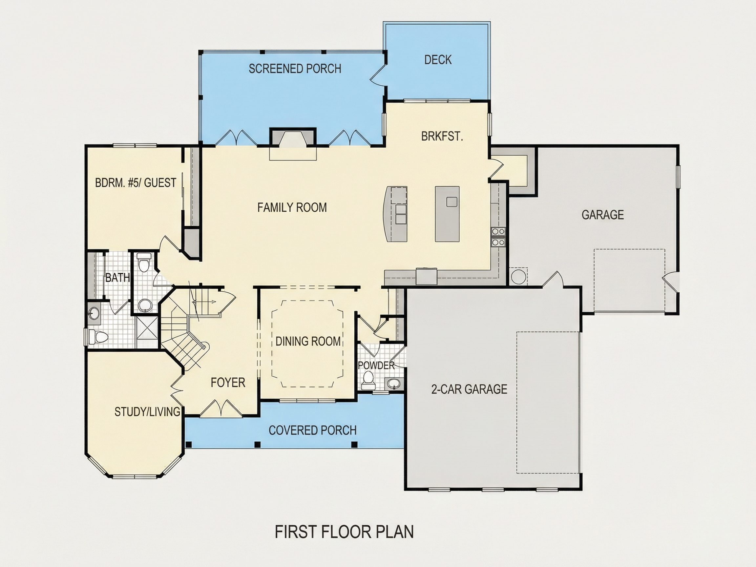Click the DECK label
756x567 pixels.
click(438, 60)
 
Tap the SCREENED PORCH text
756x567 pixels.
click(295, 69)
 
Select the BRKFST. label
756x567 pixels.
click(442, 136)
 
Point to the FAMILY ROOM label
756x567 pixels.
click(292, 207)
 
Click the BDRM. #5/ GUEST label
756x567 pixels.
click(136, 183)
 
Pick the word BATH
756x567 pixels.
click(117, 278)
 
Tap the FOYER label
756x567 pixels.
click(228, 383)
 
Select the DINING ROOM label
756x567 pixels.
click(308, 341)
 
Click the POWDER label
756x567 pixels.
click(376, 365)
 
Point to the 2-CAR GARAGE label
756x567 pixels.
click(469, 389)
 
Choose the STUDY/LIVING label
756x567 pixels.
click(147, 412)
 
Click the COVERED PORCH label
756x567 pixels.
click(313, 430)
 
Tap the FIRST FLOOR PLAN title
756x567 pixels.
click(344, 532)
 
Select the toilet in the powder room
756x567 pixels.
click(368, 380)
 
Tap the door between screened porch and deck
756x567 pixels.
click(378, 74)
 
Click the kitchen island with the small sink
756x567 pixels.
click(447, 214)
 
